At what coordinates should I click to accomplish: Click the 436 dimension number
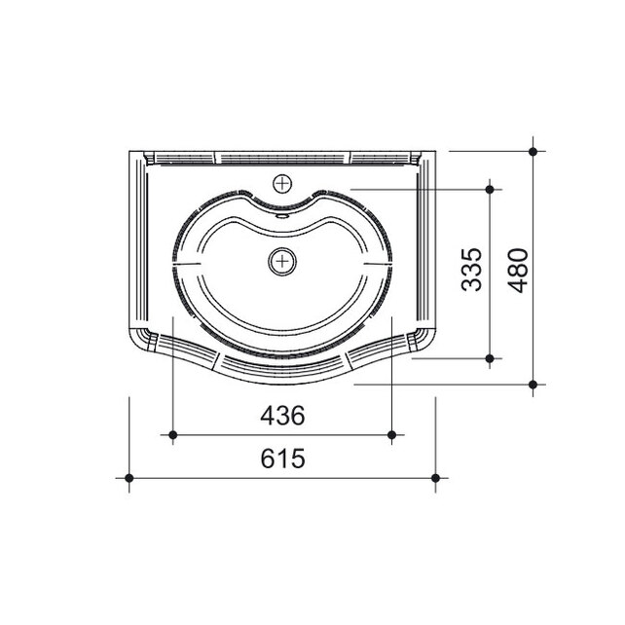(x=282, y=416)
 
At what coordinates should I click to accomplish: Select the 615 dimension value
(x=282, y=458)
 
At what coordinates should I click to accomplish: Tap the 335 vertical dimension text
(x=471, y=270)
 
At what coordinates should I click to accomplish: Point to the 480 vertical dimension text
(x=518, y=271)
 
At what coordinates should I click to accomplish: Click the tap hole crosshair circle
(x=282, y=184)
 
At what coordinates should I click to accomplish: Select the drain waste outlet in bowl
(x=282, y=262)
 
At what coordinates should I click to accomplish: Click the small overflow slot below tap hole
(x=282, y=216)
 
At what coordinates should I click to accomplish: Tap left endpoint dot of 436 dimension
(x=173, y=435)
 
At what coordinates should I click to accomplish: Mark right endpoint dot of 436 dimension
(x=391, y=435)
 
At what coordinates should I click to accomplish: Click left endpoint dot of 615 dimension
(x=129, y=478)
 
